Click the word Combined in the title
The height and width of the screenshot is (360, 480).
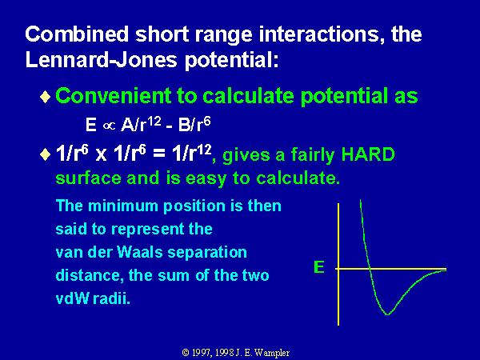click(x=77, y=34)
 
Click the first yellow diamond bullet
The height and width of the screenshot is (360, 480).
click(x=46, y=97)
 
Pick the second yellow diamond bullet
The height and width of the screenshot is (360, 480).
click(x=46, y=154)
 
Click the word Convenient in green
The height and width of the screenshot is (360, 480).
click(x=114, y=96)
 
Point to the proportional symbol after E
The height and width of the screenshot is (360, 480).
click(x=109, y=126)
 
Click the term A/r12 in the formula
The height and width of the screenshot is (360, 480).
click(x=141, y=124)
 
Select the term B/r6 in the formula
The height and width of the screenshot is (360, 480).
click(x=194, y=124)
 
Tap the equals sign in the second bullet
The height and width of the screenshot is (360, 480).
click(x=159, y=154)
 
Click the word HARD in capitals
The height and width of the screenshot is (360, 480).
click(x=368, y=154)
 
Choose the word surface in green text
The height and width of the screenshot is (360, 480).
click(x=88, y=178)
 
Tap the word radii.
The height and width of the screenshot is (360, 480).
click(x=111, y=298)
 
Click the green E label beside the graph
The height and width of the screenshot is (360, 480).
click(x=319, y=267)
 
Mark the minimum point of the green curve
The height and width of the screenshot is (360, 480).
click(x=387, y=314)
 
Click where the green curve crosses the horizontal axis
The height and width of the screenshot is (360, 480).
click(x=370, y=269)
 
